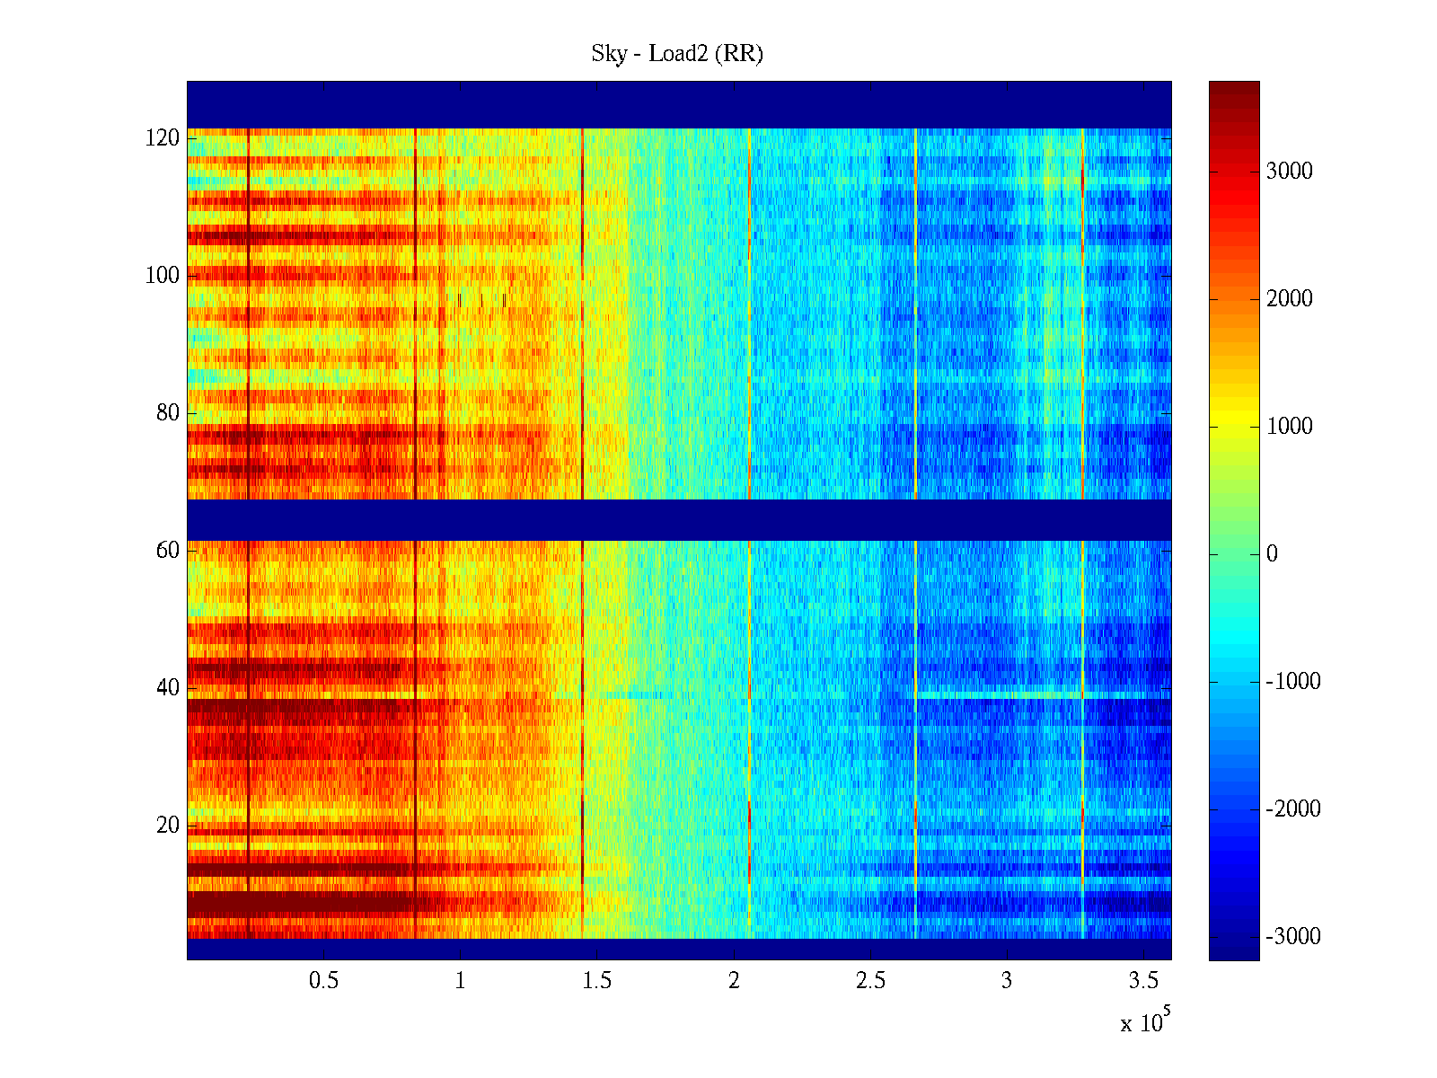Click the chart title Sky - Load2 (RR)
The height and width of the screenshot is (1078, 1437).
pyautogui.click(x=677, y=54)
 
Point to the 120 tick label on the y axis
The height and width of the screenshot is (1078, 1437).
pyautogui.click(x=163, y=138)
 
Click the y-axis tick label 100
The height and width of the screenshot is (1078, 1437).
pyautogui.click(x=163, y=276)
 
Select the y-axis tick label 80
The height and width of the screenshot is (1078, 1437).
pyautogui.click(x=168, y=413)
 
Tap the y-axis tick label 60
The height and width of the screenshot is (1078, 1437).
pyautogui.click(x=168, y=551)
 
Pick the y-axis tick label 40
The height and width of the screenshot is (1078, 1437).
pyautogui.click(x=168, y=688)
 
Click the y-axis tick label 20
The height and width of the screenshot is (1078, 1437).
pyautogui.click(x=168, y=826)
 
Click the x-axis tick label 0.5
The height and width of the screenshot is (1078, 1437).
pyautogui.click(x=323, y=981)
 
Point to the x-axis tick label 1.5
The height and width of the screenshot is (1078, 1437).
pyautogui.click(x=596, y=981)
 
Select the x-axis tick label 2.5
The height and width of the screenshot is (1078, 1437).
pyautogui.click(x=869, y=981)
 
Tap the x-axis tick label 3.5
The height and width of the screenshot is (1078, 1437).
pyautogui.click(x=1143, y=981)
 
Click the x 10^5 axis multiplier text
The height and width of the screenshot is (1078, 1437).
pyautogui.click(x=1144, y=1021)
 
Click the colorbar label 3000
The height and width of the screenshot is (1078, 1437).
pyautogui.click(x=1289, y=172)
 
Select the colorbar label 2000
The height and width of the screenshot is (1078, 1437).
pyautogui.click(x=1289, y=299)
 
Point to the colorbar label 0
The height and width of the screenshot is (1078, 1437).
pyautogui.click(x=1272, y=554)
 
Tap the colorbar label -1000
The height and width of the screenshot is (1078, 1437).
pyautogui.click(x=1292, y=682)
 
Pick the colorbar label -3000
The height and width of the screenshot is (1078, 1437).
pyautogui.click(x=1292, y=937)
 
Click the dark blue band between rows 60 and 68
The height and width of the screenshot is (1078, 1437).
pyautogui.click(x=679, y=520)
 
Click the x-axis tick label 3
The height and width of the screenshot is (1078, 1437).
pyautogui.click(x=1007, y=981)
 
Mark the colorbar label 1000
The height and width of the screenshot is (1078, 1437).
pyautogui.click(x=1289, y=427)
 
